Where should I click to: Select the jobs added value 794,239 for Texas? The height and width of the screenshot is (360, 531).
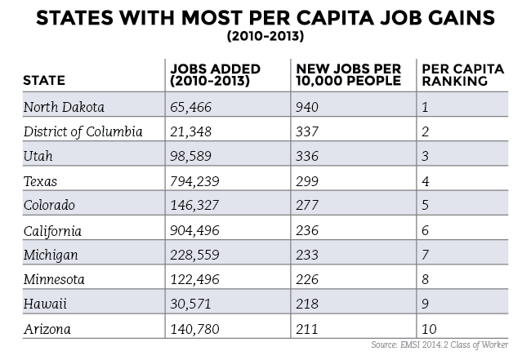tap(196, 181)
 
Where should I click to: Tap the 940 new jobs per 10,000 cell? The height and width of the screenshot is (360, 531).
tap(308, 106)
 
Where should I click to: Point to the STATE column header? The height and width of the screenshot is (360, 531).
tap(44, 82)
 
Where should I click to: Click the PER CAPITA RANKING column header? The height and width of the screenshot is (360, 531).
tap(456, 74)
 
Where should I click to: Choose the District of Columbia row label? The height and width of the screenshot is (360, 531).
tap(84, 131)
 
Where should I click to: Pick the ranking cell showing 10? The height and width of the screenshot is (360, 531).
tap(429, 330)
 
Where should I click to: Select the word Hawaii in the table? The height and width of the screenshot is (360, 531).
tap(45, 305)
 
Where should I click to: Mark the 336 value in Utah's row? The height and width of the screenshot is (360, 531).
tap(308, 157)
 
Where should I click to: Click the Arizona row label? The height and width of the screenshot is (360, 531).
tap(48, 330)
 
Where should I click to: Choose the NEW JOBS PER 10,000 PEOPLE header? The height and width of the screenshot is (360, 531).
tap(349, 74)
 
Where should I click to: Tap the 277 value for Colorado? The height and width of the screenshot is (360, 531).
tap(308, 207)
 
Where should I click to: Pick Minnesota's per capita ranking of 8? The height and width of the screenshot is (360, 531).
tap(426, 281)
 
